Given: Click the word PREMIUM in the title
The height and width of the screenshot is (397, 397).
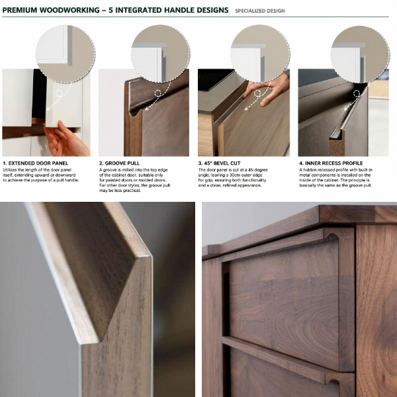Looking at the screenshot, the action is click(20, 10).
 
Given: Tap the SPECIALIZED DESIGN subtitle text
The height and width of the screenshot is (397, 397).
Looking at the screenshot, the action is click(260, 11).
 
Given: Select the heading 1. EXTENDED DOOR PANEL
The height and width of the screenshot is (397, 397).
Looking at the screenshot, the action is click(36, 163).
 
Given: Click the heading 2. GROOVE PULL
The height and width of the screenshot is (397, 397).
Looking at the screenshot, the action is click(119, 163).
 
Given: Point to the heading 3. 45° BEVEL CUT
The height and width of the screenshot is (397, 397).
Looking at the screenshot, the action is click(219, 163).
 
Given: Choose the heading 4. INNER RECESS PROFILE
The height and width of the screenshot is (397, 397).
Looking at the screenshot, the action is click(331, 163).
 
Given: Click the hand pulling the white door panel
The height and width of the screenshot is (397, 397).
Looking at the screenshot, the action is click(66, 139).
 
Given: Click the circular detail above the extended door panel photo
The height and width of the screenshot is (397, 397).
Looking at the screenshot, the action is click(66, 54).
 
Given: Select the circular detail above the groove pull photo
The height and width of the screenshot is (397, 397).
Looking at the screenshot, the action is click(161, 54).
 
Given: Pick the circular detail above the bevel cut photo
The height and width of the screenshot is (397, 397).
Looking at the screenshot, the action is click(260, 54).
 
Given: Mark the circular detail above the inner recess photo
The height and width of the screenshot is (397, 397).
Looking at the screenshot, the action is click(360, 54).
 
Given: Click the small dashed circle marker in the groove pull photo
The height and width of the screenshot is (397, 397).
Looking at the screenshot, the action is click(158, 93).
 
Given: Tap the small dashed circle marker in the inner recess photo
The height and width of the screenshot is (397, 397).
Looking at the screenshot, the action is click(357, 93).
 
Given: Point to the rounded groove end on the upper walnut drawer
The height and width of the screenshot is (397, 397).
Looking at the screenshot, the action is click(333, 236).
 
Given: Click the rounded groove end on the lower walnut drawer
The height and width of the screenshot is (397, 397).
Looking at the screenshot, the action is click(331, 380).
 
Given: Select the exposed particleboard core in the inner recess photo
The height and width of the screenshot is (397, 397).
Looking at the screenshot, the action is click(337, 146).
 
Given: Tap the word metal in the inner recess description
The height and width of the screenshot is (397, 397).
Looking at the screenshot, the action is click(304, 175).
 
